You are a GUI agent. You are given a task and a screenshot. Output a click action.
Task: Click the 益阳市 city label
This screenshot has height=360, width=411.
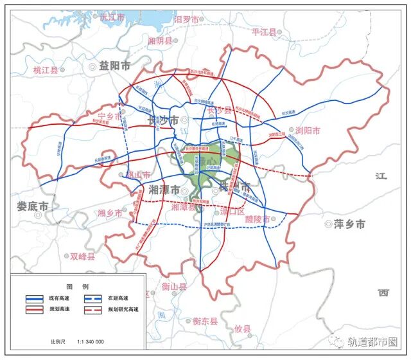(114, 66)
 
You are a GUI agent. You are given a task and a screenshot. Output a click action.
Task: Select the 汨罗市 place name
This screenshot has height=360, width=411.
(187, 19)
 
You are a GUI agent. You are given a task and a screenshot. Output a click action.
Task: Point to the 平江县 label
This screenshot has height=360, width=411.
(264, 32)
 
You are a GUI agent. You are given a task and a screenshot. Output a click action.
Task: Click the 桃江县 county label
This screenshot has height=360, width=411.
(46, 70)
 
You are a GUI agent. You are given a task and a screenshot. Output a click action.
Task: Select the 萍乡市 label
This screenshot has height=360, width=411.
(349, 224)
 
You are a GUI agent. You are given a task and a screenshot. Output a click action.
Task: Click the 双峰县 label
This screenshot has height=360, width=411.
(82, 256)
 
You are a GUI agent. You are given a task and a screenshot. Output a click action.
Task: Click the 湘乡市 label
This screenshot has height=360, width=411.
(110, 213)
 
